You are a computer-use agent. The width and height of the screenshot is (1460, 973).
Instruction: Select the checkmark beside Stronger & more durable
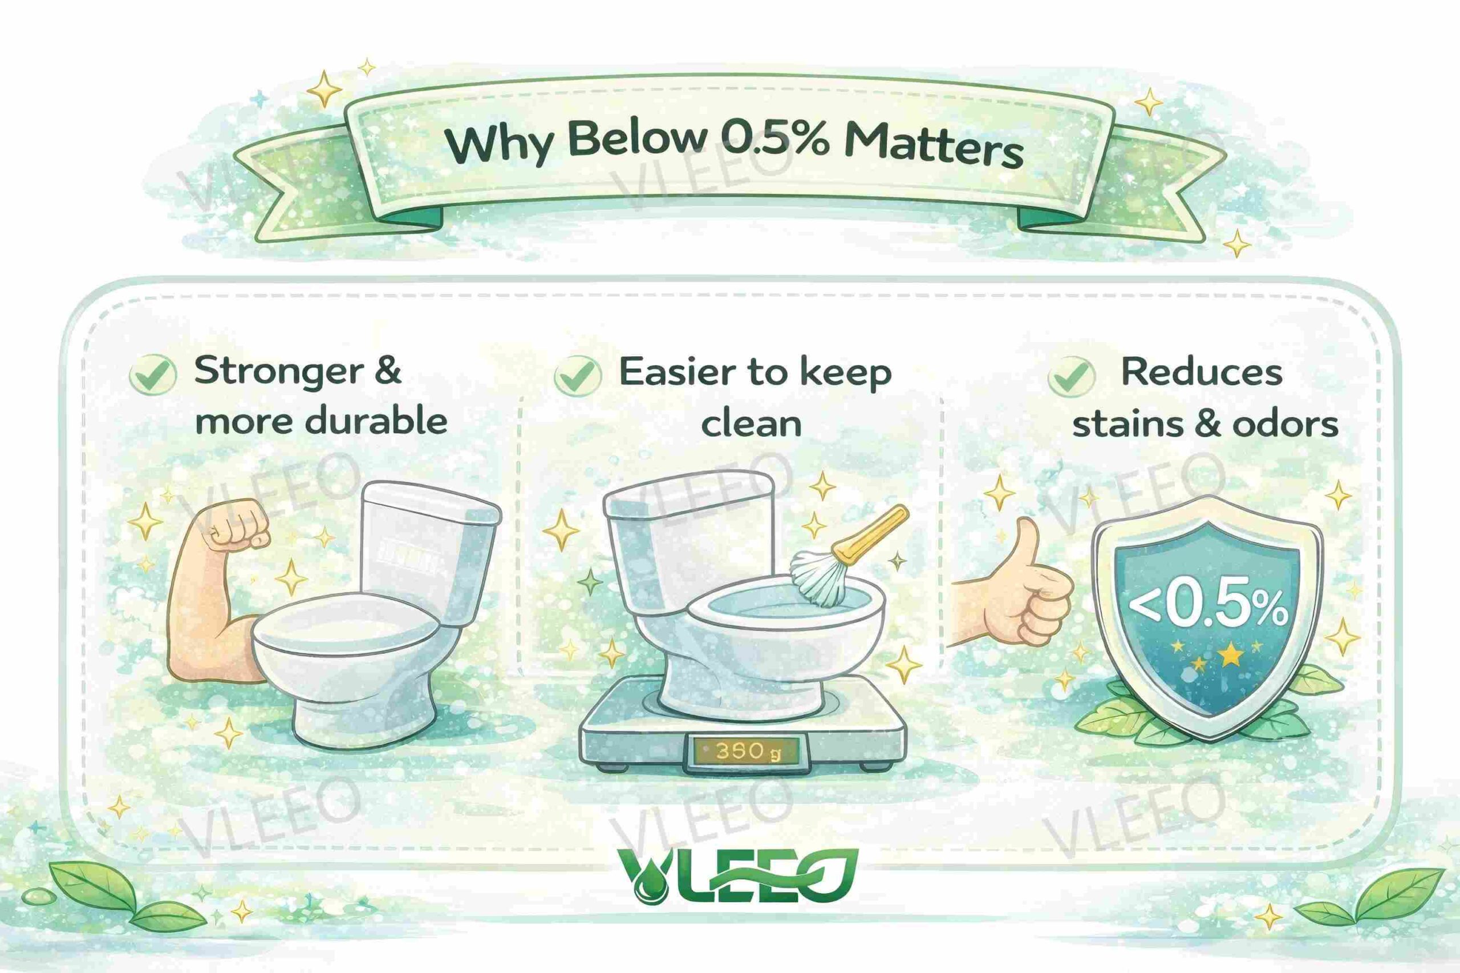153,374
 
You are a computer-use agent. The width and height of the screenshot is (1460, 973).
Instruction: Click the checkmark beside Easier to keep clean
577,376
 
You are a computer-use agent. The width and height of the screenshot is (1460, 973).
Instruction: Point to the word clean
752,424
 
